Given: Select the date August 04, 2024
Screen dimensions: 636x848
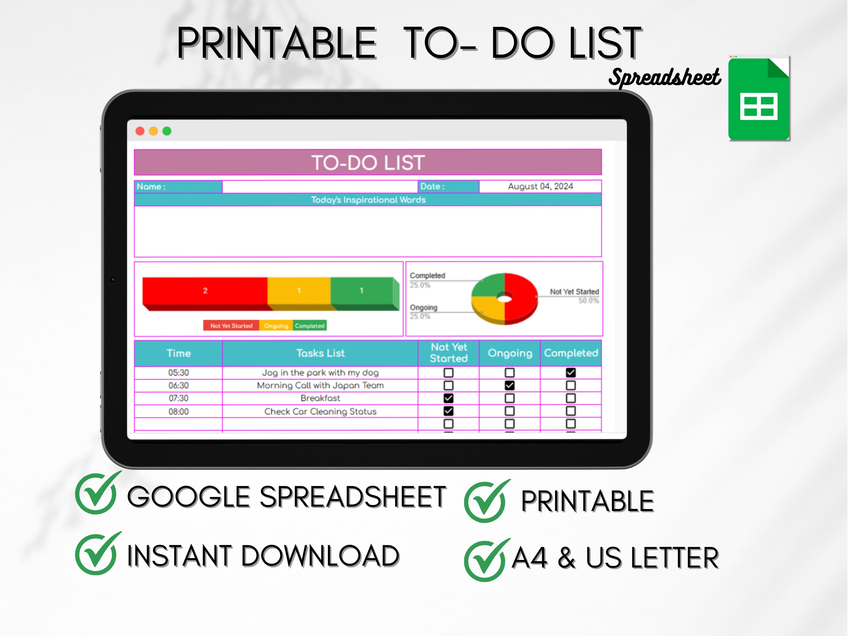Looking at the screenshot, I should click(x=540, y=186).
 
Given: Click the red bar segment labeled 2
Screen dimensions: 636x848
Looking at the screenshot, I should click(x=205, y=291).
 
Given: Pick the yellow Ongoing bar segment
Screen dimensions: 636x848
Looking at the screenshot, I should click(x=299, y=291).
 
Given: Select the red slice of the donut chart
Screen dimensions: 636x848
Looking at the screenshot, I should click(x=521, y=299).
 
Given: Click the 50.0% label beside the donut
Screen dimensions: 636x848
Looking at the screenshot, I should click(x=589, y=301).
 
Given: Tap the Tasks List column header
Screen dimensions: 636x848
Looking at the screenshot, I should click(x=320, y=353).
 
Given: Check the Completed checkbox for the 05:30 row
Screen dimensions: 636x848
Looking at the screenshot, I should click(x=571, y=372).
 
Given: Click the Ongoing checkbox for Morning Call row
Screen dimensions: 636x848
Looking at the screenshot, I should click(x=509, y=385).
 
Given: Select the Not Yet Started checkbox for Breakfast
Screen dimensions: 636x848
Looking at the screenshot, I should click(x=448, y=398).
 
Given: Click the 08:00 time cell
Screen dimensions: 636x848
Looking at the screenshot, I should click(x=178, y=411).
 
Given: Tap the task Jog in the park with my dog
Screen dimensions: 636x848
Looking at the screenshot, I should click(x=320, y=372).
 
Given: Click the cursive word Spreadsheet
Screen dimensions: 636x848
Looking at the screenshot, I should click(x=664, y=78).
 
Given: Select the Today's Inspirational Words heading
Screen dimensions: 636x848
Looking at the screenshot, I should click(x=368, y=200).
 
